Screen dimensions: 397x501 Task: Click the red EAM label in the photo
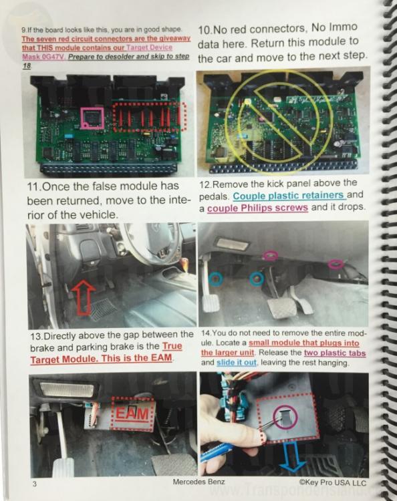[x=132, y=413]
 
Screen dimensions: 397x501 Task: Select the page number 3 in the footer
[x=35, y=484]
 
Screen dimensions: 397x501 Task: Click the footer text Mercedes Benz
[x=198, y=482]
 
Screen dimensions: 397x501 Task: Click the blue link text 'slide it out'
[x=236, y=363]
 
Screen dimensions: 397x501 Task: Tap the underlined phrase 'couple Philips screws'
[x=257, y=208]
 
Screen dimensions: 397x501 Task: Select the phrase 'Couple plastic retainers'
[x=289, y=195]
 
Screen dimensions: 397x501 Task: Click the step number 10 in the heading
[x=205, y=30]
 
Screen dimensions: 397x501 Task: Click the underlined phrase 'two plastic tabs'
[x=335, y=353]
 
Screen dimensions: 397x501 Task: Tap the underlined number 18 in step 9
[x=27, y=65]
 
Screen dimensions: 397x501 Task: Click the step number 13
[x=36, y=337]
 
